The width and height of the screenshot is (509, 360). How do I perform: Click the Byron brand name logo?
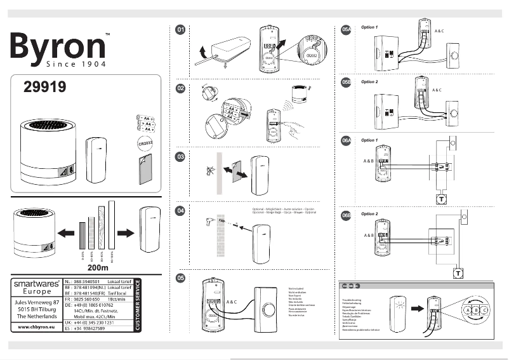pyautogui.click(x=57, y=46)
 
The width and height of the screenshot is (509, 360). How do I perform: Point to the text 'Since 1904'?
pyautogui.click(x=75, y=64)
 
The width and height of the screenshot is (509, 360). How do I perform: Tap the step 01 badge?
pyautogui.click(x=181, y=30)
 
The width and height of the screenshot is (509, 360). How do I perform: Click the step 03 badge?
pyautogui.click(x=181, y=156)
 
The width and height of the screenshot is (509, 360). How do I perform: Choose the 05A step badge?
pyautogui.click(x=346, y=30)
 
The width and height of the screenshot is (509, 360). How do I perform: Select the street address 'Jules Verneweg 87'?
pyautogui.click(x=39, y=303)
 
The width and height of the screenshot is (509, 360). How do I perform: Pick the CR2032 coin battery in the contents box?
pyautogui.click(x=146, y=144)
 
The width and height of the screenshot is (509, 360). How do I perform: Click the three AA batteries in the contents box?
pyautogui.click(x=146, y=122)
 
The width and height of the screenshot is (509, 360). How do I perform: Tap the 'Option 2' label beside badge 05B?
pyautogui.click(x=369, y=83)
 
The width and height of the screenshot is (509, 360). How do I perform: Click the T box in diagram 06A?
pyautogui.click(x=441, y=199)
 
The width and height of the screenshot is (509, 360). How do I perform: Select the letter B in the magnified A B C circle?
pyautogui.click(x=476, y=310)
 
